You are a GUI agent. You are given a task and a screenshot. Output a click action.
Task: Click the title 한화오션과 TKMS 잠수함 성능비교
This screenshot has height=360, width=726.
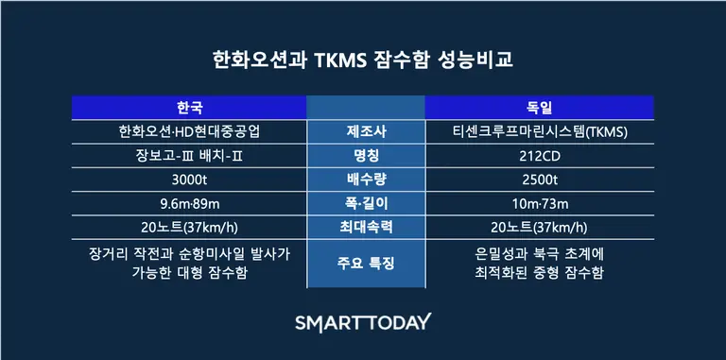coord(363,60)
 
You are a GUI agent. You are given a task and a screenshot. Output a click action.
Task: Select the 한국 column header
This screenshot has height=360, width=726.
coord(189,107)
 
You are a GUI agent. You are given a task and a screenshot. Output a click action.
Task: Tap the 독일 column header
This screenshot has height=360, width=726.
coord(538,107)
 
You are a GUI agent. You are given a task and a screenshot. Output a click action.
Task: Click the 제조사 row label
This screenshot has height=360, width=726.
coord(364,130)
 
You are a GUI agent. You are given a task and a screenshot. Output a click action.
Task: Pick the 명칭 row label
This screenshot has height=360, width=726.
coord(364,155)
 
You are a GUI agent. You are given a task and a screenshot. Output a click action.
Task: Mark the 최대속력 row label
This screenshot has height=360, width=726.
coord(364,228)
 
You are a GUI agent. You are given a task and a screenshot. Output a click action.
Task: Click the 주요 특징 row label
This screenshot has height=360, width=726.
coord(364,263)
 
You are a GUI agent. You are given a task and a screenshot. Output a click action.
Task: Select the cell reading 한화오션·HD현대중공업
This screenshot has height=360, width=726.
coord(189,130)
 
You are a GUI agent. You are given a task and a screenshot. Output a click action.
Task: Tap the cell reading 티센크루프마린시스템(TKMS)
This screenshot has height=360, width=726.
coord(539,130)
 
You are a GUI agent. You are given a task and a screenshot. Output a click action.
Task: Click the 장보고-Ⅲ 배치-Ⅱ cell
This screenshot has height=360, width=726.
coord(189,155)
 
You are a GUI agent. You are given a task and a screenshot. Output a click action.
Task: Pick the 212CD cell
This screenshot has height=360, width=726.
coord(539,155)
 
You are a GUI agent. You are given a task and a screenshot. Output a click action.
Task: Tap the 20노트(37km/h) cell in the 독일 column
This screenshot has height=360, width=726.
coord(539,228)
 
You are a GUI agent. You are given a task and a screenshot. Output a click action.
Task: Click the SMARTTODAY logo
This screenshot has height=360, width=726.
coord(363,321)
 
